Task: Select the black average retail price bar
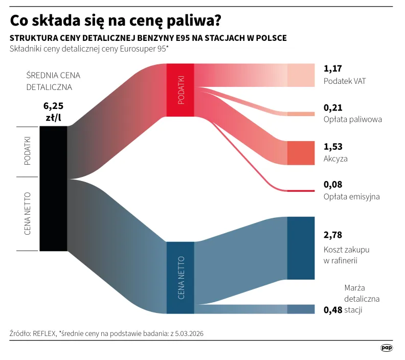[53, 188]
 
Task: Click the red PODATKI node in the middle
[181, 90]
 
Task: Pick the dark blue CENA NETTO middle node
[181, 277]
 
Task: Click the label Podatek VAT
[345, 81]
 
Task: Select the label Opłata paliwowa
[353, 120]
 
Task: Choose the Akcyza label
[335, 159]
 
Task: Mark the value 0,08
[333, 184]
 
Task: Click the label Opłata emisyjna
[352, 196]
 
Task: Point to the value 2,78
[333, 235]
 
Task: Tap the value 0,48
[333, 310]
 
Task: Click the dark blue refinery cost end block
[301, 248]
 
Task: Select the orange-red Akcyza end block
[301, 153]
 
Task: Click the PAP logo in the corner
[387, 348]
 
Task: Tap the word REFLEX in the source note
[44, 333]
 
